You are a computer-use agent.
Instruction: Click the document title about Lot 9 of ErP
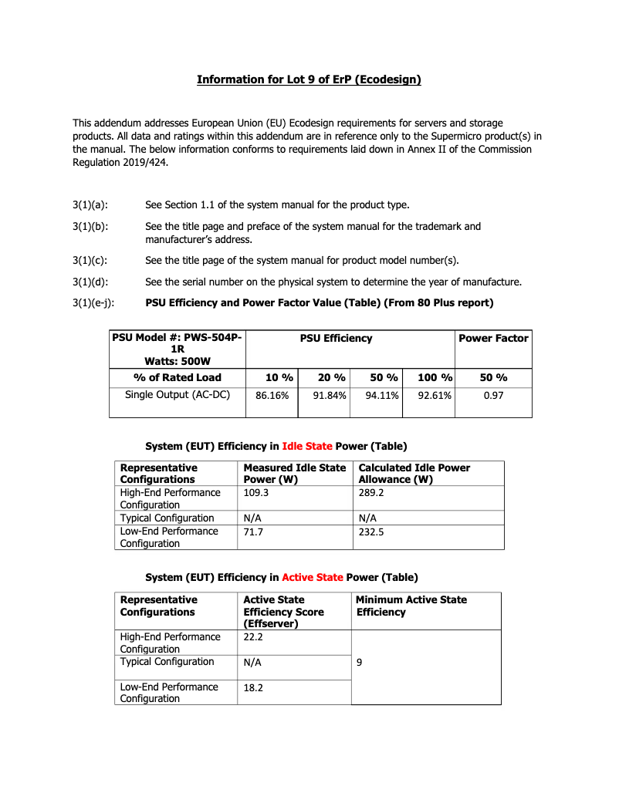(x=309, y=79)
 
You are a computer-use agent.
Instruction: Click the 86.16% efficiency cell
(x=272, y=396)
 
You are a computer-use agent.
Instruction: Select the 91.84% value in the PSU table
(x=324, y=396)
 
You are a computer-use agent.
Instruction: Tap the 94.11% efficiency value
(x=377, y=396)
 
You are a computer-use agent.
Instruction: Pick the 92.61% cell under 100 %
(x=429, y=396)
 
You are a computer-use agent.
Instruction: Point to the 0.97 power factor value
(x=493, y=396)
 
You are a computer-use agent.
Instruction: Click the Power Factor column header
(x=493, y=338)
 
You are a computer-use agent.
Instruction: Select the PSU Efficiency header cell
(x=336, y=338)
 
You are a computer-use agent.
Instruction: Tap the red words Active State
(x=313, y=577)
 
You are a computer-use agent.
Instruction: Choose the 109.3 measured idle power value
(x=256, y=492)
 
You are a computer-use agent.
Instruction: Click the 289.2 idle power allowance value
(x=372, y=492)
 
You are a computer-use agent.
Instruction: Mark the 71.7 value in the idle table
(x=253, y=532)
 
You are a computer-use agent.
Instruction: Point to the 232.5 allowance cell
(x=372, y=532)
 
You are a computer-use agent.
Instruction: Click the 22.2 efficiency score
(x=253, y=637)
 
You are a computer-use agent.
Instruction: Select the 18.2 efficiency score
(x=253, y=687)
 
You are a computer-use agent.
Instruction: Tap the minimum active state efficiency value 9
(x=360, y=662)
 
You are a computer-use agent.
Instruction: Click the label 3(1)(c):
(x=90, y=259)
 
